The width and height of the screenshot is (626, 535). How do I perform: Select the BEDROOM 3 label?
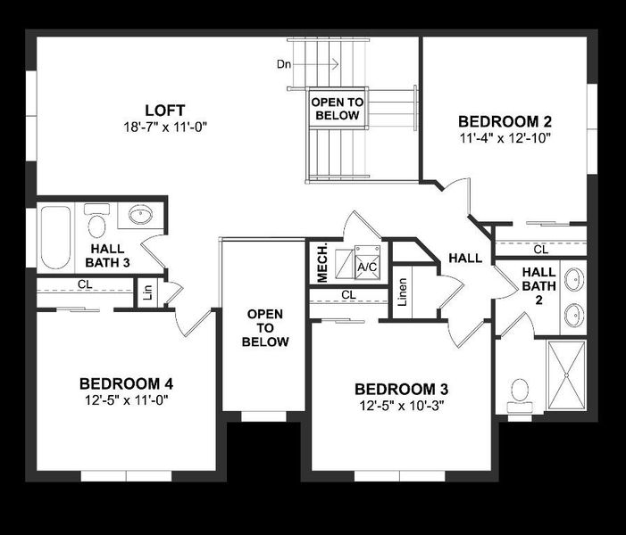click(x=401, y=389)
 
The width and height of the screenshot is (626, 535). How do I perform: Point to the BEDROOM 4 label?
click(x=126, y=383)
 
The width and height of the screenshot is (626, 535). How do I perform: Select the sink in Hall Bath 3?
click(x=140, y=215)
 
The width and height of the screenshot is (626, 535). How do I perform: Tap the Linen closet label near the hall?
click(x=403, y=292)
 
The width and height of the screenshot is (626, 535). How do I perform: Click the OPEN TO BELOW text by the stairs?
click(x=336, y=109)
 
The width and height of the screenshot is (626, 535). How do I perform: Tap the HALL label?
click(x=465, y=259)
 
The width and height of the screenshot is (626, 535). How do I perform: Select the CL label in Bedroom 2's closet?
click(x=540, y=250)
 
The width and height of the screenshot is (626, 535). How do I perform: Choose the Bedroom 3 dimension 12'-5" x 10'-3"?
click(x=401, y=406)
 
